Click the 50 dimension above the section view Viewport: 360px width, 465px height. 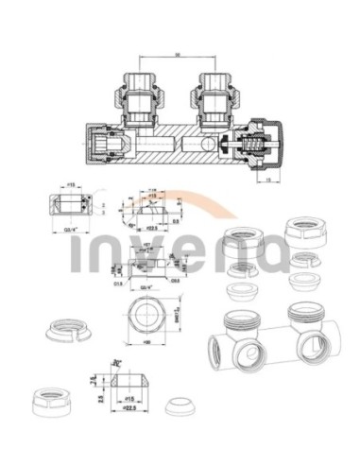pos(177,55)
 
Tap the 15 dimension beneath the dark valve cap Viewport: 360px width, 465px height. pos(269,179)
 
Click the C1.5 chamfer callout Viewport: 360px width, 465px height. pos(118,280)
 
